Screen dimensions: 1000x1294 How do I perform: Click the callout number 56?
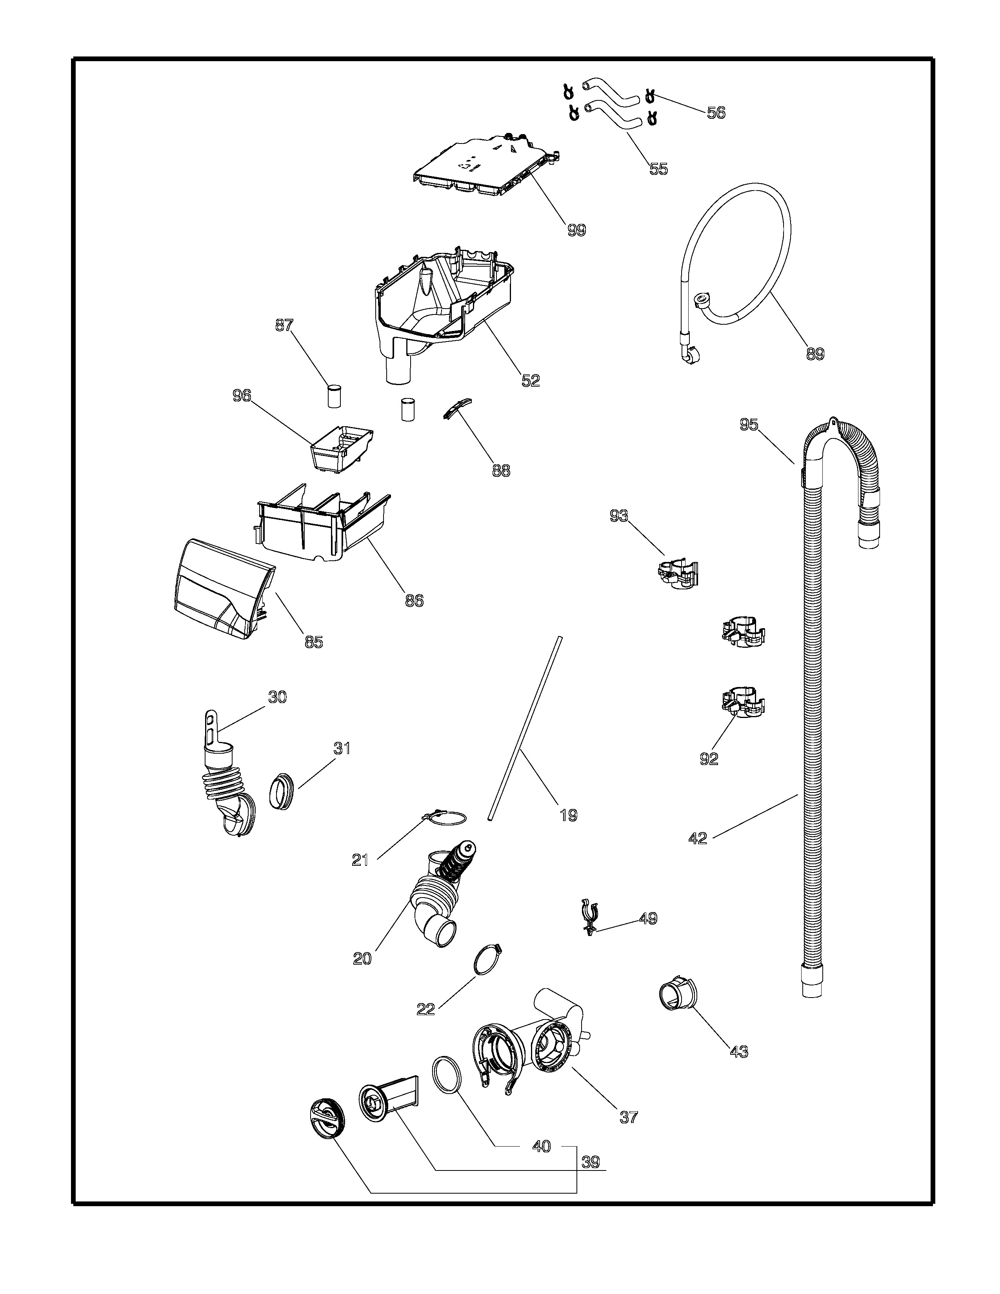(x=716, y=113)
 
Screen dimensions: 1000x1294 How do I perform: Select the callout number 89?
(x=815, y=354)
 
